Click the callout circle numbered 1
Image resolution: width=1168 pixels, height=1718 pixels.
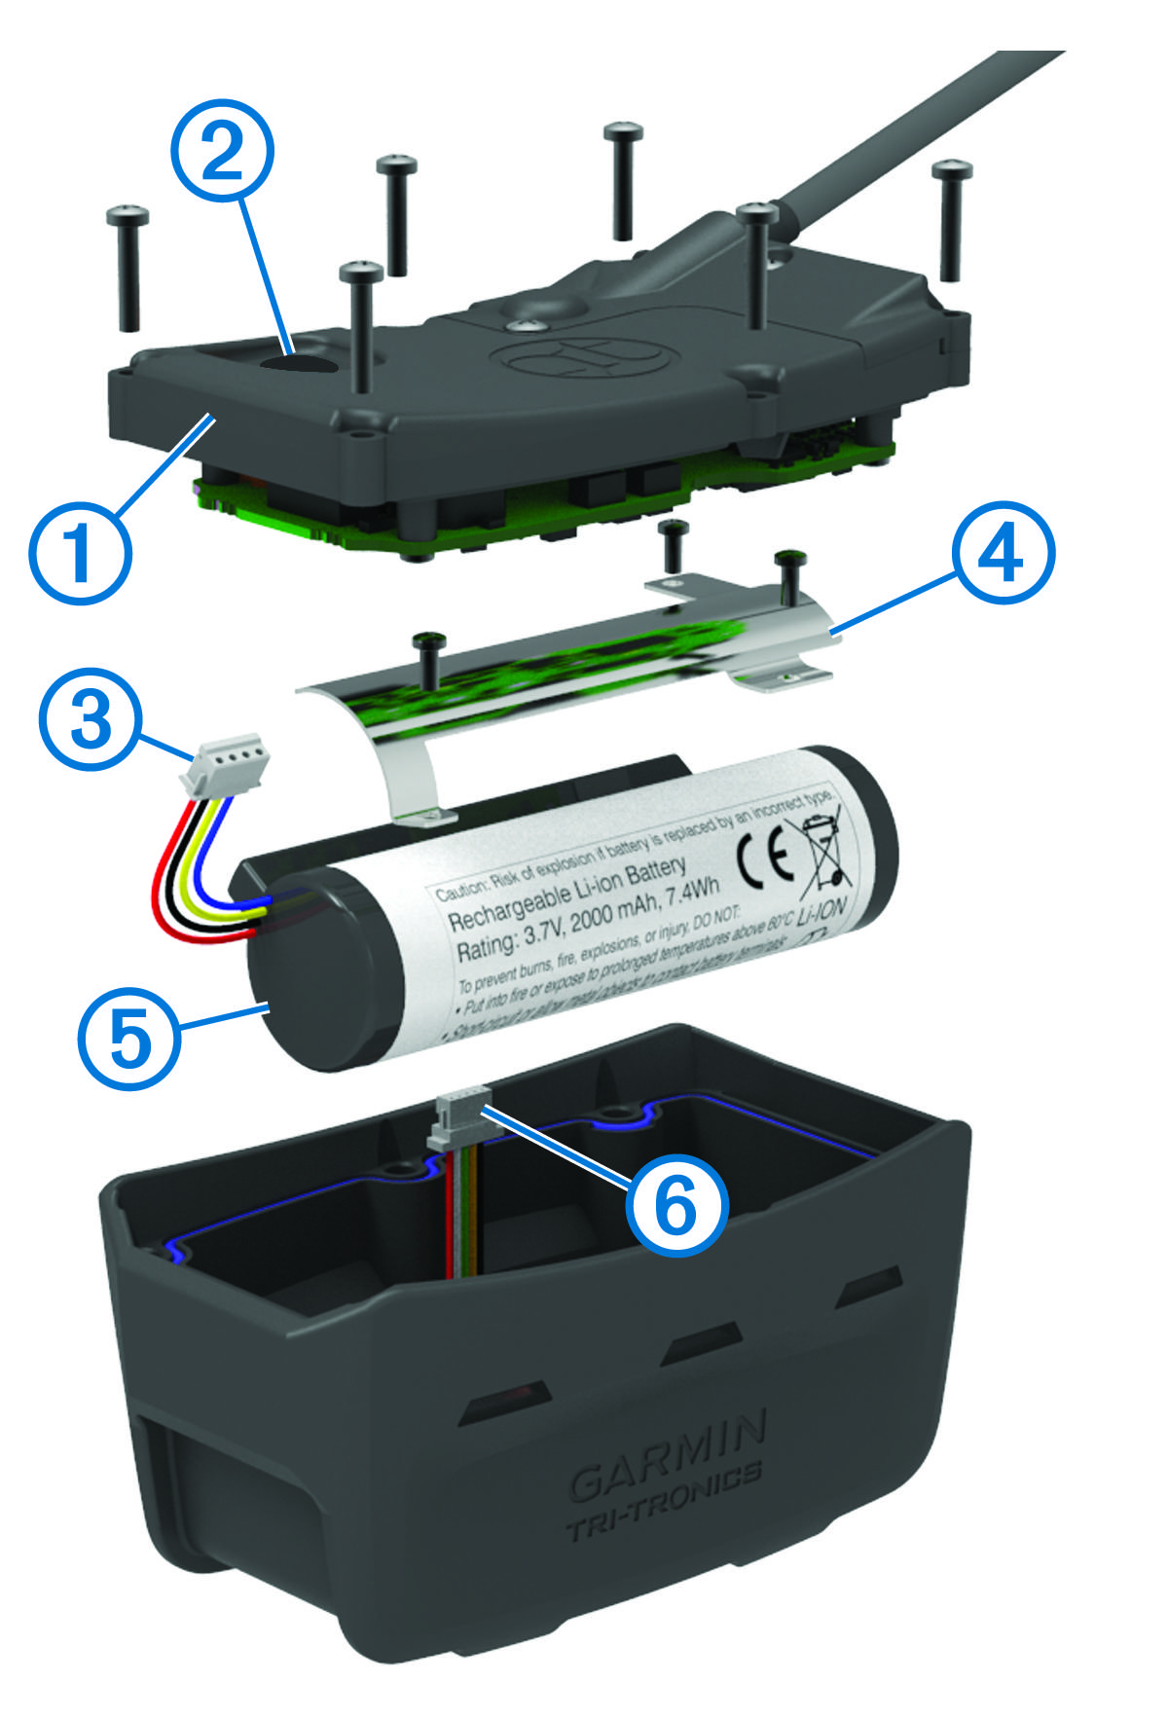pyautogui.click(x=80, y=553)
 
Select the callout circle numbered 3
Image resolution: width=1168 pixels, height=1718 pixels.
pyautogui.click(x=91, y=719)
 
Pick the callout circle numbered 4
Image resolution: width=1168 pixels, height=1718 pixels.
pyautogui.click(x=1003, y=553)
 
